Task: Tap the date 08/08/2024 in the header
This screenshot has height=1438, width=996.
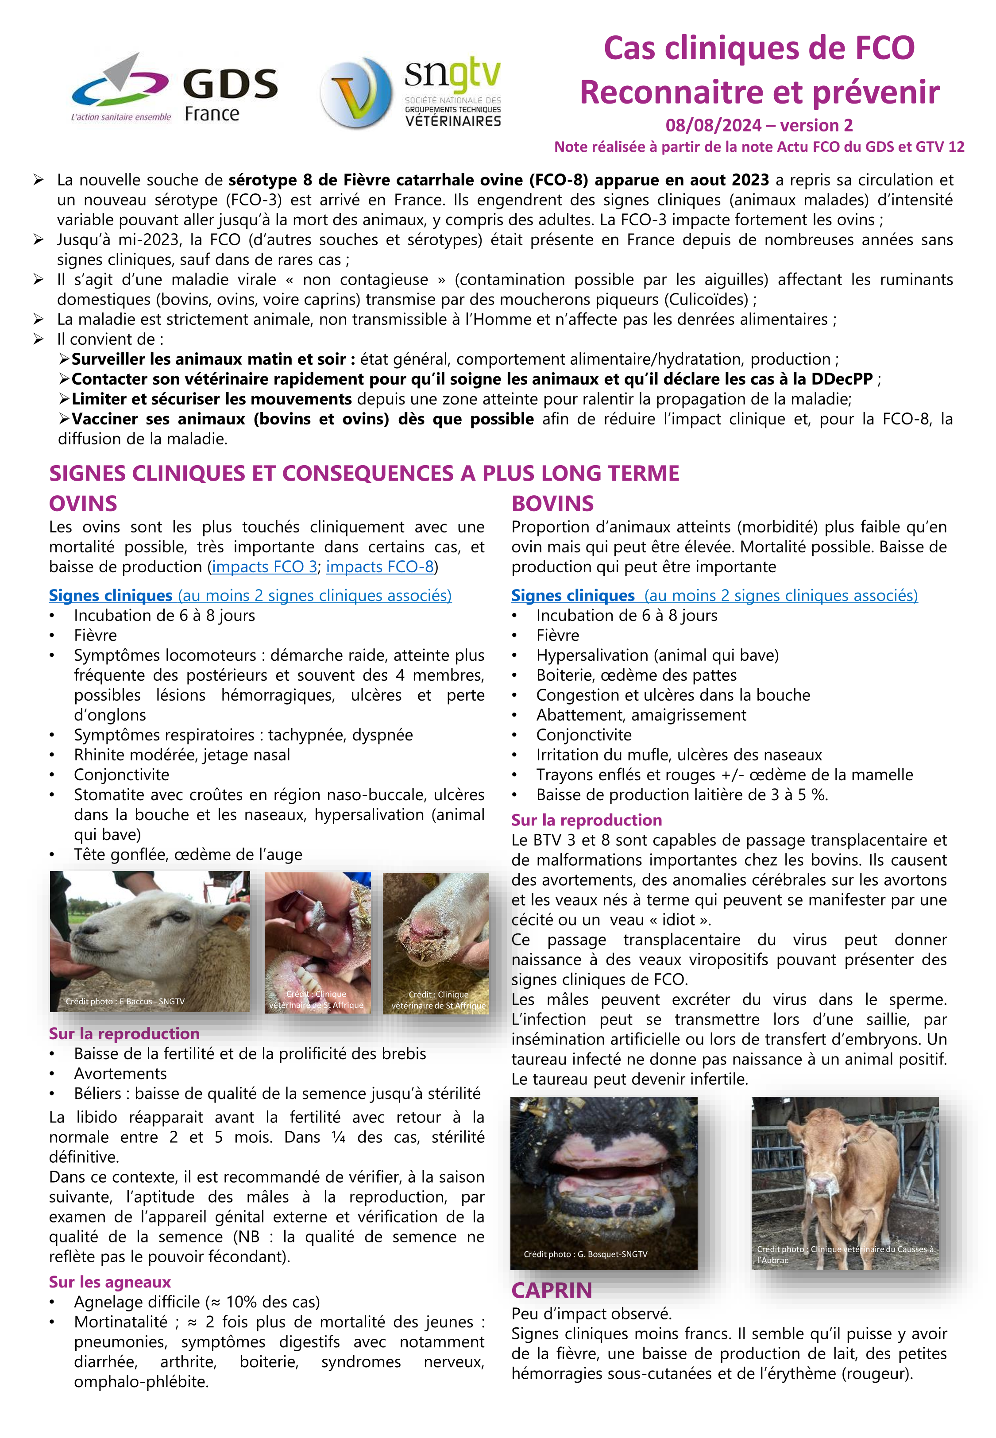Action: tap(713, 125)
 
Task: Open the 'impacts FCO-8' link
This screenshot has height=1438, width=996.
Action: tap(379, 567)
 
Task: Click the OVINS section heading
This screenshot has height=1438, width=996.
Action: tap(83, 504)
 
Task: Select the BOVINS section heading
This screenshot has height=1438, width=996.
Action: tap(552, 504)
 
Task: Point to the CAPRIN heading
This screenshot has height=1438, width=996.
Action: tap(552, 1290)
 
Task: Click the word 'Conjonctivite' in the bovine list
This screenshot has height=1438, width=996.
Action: tap(583, 735)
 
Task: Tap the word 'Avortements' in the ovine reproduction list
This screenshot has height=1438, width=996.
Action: tap(120, 1074)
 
